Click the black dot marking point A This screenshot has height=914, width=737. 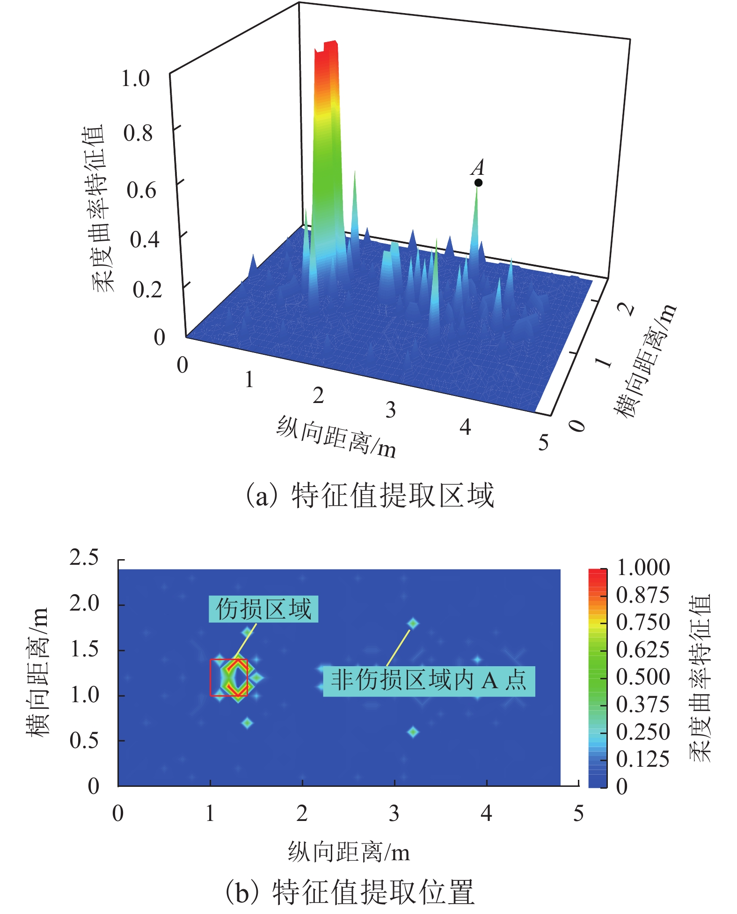pos(478,182)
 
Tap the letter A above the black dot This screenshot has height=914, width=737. pos(478,167)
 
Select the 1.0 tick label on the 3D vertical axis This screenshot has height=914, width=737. pos(135,79)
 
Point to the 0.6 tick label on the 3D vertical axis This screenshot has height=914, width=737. pos(141,190)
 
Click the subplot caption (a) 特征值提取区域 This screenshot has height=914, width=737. pos(370,496)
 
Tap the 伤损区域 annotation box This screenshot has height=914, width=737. pos(263,609)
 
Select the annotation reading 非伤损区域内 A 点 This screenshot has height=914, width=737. pos(429,681)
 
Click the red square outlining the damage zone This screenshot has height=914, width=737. pos(229,677)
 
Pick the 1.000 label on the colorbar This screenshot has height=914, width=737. pos(643,568)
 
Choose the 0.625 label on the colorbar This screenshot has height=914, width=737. pos(643,650)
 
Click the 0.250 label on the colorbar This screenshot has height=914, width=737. pos(643,732)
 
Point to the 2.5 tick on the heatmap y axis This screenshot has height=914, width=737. pos(84,558)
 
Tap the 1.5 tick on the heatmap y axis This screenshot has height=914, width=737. pos(84,649)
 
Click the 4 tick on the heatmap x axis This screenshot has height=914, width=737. pos(486,813)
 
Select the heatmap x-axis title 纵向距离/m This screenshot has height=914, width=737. pos(349,852)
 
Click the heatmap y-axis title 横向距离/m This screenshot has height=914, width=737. pos(37,673)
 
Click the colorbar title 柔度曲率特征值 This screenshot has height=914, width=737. pos(700,677)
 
